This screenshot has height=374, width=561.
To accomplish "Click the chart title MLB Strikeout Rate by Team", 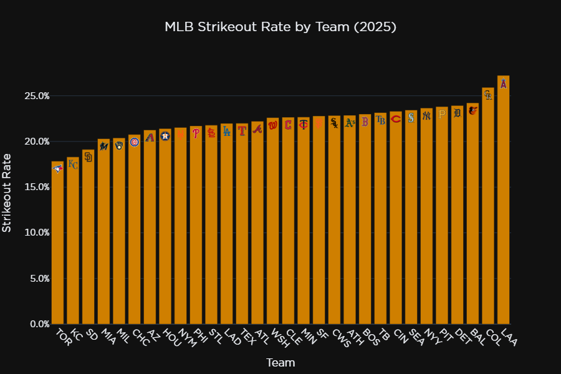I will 280,27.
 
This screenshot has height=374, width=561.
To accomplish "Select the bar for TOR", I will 57,249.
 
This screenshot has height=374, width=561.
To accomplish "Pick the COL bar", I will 488,218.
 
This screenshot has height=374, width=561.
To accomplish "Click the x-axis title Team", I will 280,362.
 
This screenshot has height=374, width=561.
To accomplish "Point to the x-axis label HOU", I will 170,338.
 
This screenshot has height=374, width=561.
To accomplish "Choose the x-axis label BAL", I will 477,338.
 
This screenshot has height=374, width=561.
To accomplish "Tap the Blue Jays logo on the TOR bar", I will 57,168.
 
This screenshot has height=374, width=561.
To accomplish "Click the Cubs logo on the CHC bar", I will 134,142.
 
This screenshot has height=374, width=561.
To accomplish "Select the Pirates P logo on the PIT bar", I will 442,114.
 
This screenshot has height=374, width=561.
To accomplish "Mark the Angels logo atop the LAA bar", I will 504,84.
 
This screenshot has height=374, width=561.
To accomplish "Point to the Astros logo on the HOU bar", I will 165,136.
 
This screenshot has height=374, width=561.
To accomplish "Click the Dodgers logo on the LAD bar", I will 226,131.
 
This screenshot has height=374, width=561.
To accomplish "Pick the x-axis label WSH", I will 278,338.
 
